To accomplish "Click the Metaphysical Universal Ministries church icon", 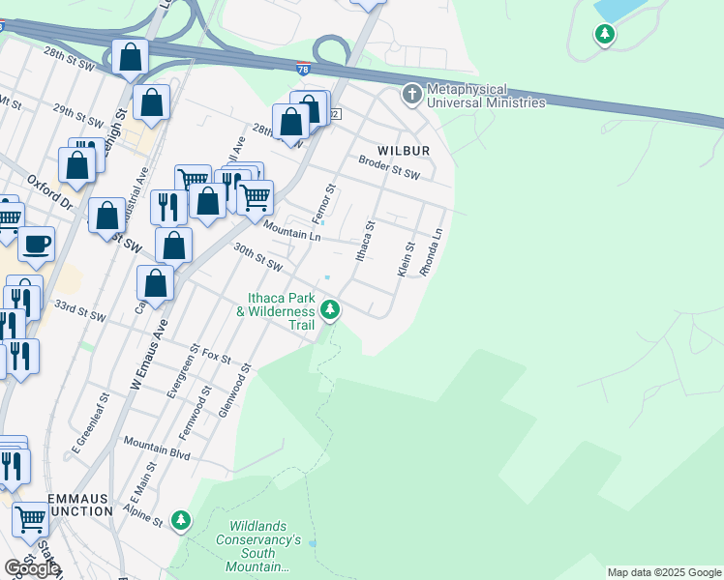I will (412, 95).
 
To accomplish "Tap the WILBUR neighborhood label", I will (403, 152).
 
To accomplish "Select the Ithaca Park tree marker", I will (331, 310).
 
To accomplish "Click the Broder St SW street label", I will (389, 168).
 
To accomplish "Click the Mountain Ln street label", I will (291, 229).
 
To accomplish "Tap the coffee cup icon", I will (37, 244).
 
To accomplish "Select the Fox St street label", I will (218, 357).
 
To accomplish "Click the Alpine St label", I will (144, 515).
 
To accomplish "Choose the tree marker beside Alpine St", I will (180, 521).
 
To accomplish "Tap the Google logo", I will (32, 568).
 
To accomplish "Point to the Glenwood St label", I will (234, 390).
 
